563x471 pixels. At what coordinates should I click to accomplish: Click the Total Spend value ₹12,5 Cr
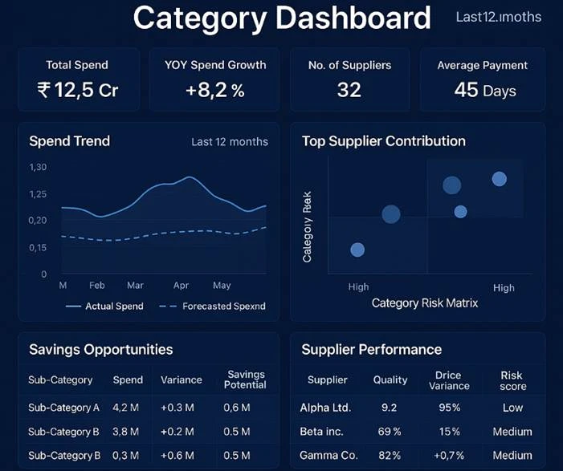click(77, 90)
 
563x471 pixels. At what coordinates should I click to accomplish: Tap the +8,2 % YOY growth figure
click(214, 90)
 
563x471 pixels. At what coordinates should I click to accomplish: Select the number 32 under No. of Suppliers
click(349, 89)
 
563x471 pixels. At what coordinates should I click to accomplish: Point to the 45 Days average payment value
click(484, 89)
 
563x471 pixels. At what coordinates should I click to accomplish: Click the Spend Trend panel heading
click(69, 141)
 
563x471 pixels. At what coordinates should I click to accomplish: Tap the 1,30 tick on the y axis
click(38, 167)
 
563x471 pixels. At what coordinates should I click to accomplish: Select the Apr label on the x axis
click(181, 285)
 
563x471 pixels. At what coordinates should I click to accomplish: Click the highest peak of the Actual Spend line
click(190, 177)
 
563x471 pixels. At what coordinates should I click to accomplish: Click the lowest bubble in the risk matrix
click(357, 250)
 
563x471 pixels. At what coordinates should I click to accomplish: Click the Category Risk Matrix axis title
click(425, 302)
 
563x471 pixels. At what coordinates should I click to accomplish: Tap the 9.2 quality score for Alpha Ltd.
click(390, 408)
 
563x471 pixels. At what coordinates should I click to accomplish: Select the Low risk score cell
click(512, 408)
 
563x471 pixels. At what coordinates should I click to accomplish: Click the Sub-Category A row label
click(63, 408)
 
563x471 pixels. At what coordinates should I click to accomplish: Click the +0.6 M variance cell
click(177, 456)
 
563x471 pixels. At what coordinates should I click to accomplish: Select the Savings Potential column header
click(245, 380)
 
